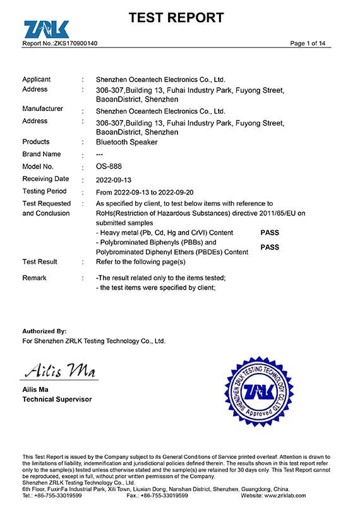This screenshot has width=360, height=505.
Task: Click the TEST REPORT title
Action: coord(176,18)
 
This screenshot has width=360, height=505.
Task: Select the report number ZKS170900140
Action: coord(75,44)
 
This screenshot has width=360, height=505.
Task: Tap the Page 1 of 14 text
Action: coord(308,44)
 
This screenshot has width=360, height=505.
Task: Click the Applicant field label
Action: coord(36,80)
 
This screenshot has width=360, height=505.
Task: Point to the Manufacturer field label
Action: coord(42,109)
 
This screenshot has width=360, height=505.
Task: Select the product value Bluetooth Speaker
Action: coord(126,142)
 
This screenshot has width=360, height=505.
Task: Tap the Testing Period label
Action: coord(44,191)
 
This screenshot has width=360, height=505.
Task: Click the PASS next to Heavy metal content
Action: coord(269,233)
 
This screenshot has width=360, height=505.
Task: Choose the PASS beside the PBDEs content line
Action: coord(269,247)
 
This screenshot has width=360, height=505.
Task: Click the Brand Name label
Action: coord(42,155)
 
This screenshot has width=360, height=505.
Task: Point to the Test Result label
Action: coord(40,262)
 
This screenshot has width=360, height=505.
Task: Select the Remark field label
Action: coord(34,278)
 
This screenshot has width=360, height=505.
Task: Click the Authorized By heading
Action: coord(44,331)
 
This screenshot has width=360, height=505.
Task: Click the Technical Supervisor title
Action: coord(57,400)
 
